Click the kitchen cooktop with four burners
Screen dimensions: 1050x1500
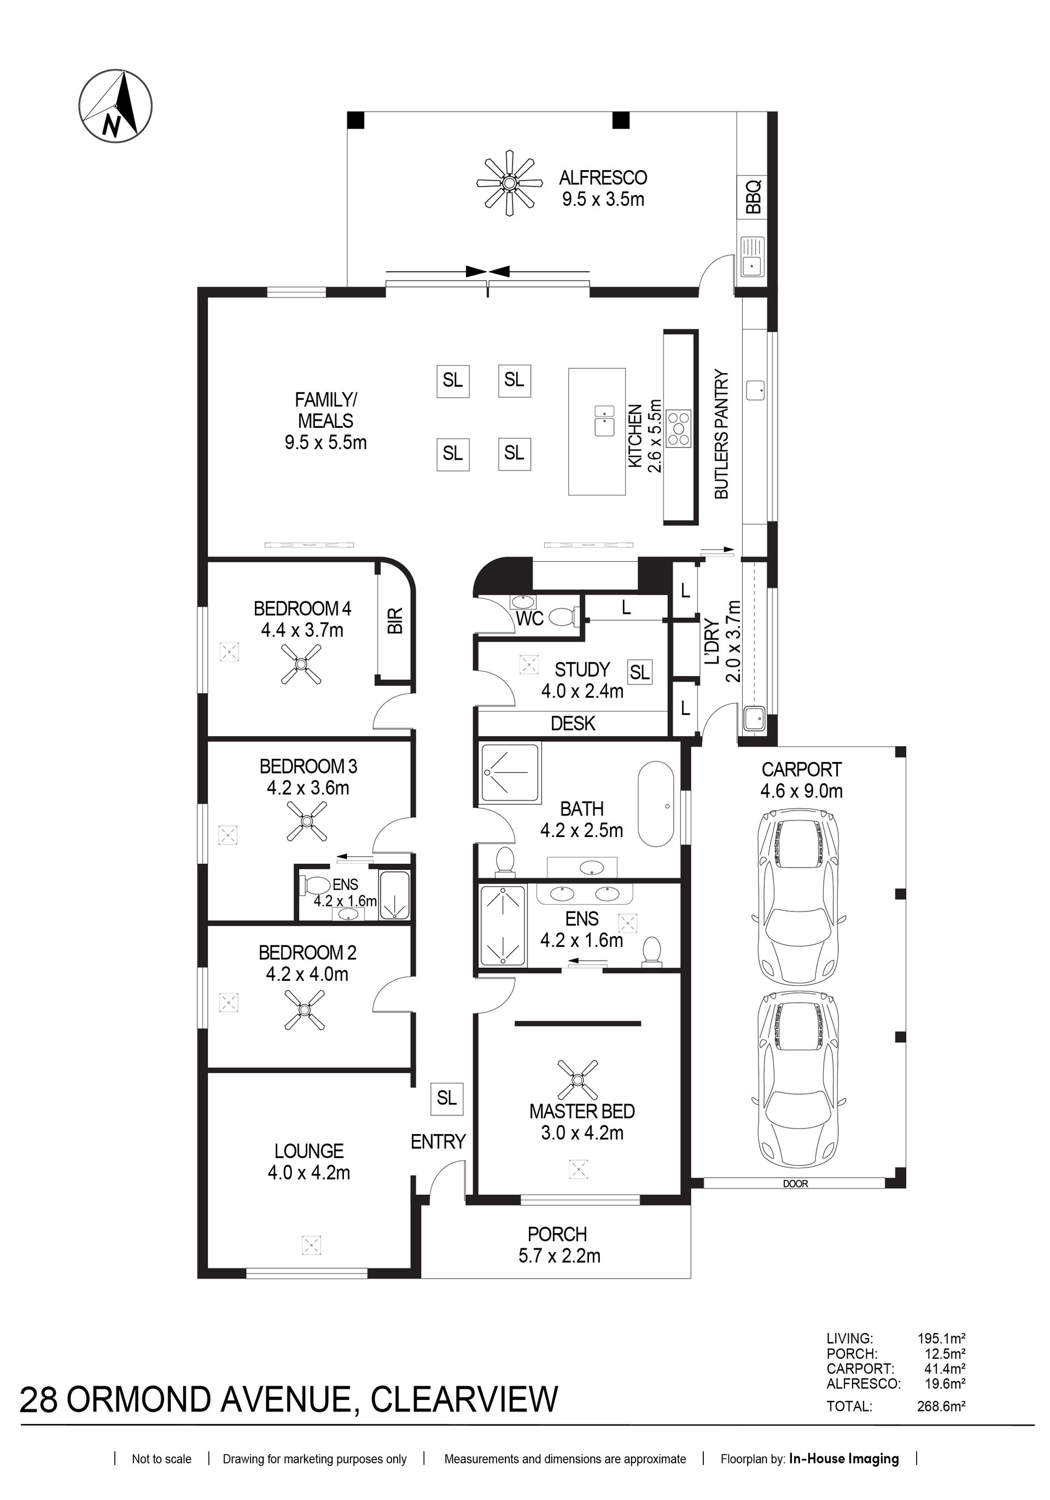[679, 428]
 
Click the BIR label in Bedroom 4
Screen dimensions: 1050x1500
[395, 621]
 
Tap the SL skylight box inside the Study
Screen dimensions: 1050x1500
[640, 672]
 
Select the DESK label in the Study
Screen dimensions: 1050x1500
[573, 723]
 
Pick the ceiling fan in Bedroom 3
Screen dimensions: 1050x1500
[307, 821]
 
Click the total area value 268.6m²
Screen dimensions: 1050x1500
[941, 1406]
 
